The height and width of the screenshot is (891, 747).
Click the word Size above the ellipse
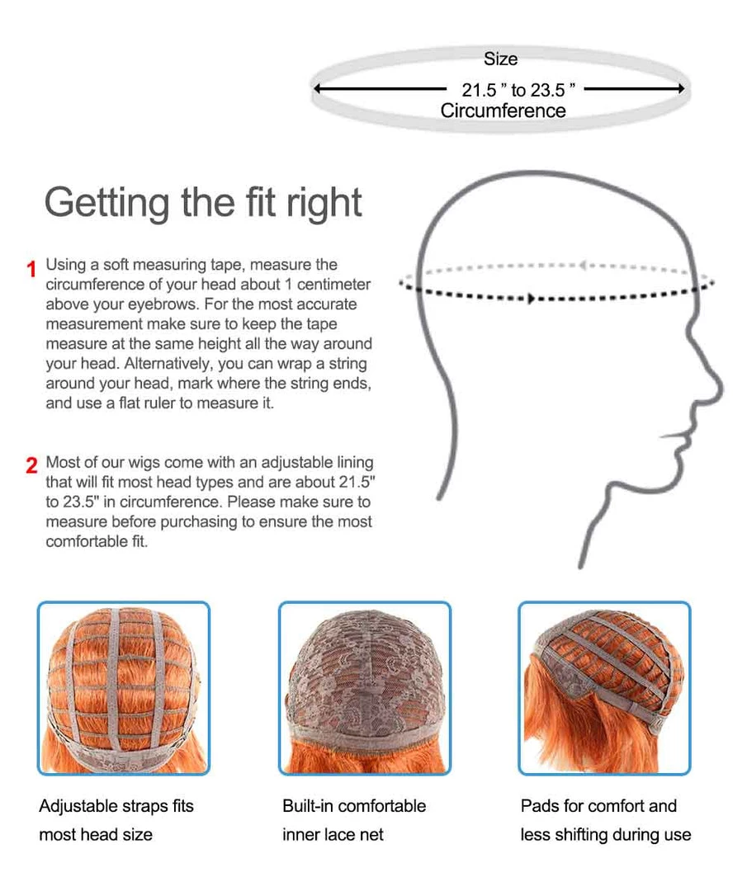pos(501,59)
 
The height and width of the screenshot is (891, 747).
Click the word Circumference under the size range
pos(503,111)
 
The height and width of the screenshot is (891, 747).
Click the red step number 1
pos(32,269)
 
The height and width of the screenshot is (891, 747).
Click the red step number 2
pos(32,465)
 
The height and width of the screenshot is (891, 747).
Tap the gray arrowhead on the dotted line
pos(582,266)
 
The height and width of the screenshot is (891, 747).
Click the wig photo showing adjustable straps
pos(124,688)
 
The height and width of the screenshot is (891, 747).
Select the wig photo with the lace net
pos(364,688)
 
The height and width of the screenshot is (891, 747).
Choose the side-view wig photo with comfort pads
pos(604,688)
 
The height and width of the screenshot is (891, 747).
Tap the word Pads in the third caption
pos(539,806)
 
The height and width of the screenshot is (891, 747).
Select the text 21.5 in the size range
pos(478,90)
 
